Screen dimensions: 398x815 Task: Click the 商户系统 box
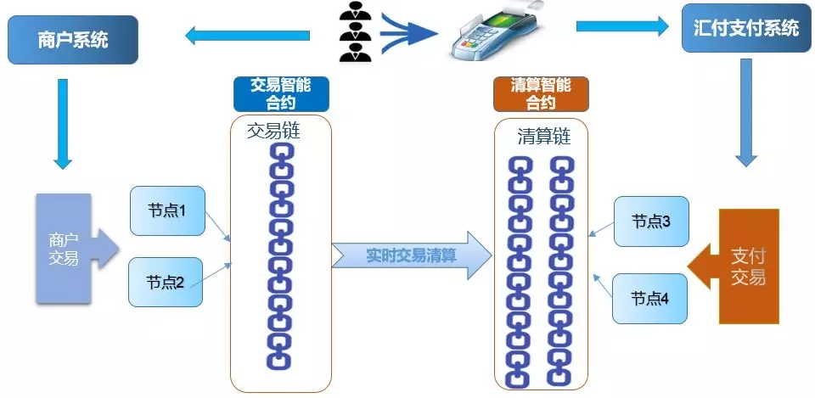point(73,40)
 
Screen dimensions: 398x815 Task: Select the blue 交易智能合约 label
point(281,93)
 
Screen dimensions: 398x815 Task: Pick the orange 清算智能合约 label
point(541,93)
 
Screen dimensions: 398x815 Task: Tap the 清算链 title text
point(544,137)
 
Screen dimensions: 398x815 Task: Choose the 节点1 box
point(166,210)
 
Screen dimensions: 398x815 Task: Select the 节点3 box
point(651,221)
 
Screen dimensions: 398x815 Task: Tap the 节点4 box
point(650,299)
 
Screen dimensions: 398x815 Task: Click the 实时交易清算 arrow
point(411,255)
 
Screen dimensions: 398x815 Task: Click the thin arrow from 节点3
point(603,232)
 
